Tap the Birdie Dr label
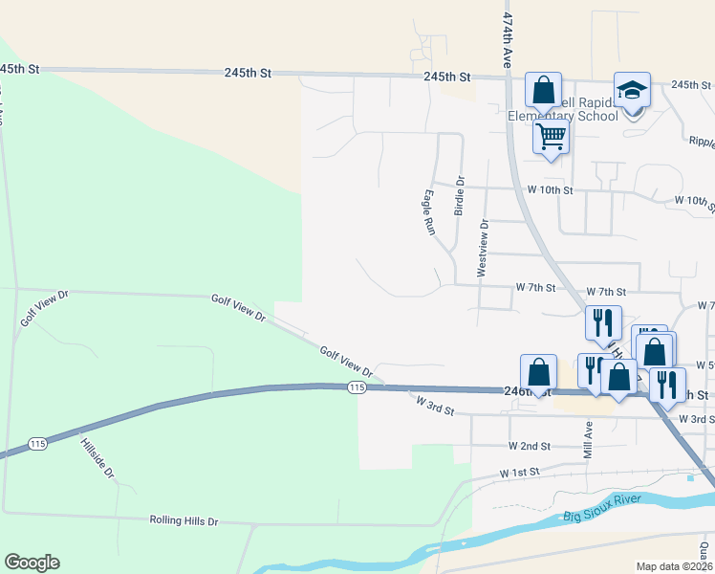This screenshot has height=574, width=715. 459,196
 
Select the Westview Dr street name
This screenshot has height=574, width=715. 483,249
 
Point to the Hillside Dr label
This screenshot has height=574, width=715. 97,459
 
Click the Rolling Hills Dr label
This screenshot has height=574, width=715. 184,521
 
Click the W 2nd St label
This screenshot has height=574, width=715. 530,446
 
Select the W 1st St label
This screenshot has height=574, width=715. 520,473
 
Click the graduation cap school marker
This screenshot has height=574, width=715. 632,91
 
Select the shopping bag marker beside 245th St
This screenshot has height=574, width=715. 543,92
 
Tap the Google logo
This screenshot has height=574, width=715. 32,563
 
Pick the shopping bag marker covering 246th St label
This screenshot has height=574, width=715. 538,373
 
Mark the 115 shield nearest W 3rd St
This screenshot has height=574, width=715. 357,386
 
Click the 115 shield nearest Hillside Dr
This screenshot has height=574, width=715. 38,443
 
